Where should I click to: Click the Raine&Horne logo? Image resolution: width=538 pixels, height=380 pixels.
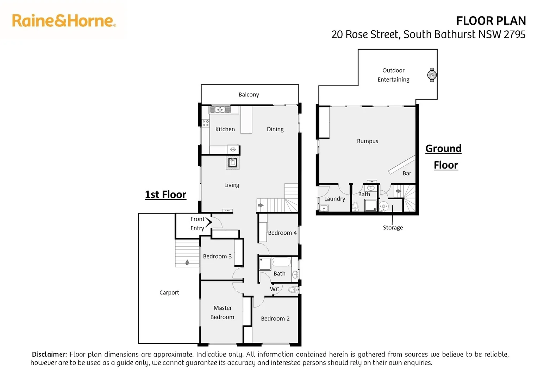[64, 21]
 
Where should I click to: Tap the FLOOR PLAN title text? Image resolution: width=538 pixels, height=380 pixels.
[490, 21]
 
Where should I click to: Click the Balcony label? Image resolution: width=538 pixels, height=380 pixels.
[249, 95]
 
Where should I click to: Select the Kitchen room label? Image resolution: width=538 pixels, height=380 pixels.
[225, 129]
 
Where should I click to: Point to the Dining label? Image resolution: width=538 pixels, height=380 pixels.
[275, 129]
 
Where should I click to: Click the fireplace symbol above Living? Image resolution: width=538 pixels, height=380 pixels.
[233, 163]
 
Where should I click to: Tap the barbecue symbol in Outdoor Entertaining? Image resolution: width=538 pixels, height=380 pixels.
[432, 75]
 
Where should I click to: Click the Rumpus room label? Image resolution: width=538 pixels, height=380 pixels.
[367, 141]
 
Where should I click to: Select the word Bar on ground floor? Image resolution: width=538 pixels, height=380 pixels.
[407, 173]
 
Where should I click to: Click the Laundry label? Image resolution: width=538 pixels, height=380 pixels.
[334, 199]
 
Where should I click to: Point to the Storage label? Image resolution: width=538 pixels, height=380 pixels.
[393, 228]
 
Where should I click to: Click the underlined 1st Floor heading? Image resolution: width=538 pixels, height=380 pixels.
[165, 195]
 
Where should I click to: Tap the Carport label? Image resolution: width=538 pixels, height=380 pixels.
[169, 292]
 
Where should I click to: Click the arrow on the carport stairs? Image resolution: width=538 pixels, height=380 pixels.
[187, 262]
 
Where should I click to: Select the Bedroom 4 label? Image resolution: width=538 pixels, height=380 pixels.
[282, 233]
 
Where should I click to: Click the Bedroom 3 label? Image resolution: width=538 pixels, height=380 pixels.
[217, 256]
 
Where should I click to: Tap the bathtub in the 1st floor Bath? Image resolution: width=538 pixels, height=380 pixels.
[281, 262]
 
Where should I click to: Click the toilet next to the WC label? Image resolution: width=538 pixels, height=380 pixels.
[293, 290]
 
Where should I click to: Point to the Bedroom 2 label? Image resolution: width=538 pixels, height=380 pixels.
[275, 319]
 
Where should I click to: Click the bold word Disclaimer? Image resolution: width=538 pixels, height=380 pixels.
[49, 354]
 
